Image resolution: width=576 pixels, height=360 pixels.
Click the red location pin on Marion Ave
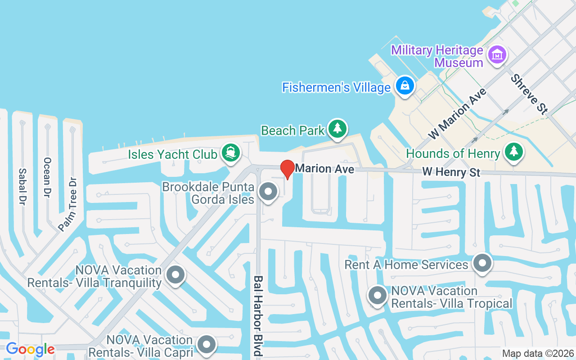288,169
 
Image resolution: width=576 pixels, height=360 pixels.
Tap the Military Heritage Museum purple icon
497,56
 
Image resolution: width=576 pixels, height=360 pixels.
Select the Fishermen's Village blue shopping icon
405,85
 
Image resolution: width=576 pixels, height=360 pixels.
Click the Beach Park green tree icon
337,129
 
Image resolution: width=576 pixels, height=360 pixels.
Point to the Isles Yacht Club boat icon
231,153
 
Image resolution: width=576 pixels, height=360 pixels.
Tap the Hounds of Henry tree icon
513,152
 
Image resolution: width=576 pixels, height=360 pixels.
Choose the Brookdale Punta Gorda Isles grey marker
269,192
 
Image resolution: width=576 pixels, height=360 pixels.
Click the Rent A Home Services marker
482,262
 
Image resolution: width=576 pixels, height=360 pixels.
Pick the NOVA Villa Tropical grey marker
378,296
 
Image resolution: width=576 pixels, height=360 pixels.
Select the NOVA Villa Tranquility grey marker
175,274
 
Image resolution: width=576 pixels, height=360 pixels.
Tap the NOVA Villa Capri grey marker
207,344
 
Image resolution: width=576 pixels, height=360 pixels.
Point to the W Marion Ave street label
457,113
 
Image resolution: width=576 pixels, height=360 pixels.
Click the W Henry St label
451,172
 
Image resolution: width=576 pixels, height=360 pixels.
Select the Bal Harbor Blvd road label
258,316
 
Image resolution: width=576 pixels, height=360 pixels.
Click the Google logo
30,349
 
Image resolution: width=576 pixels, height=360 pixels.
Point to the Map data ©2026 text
538,353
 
